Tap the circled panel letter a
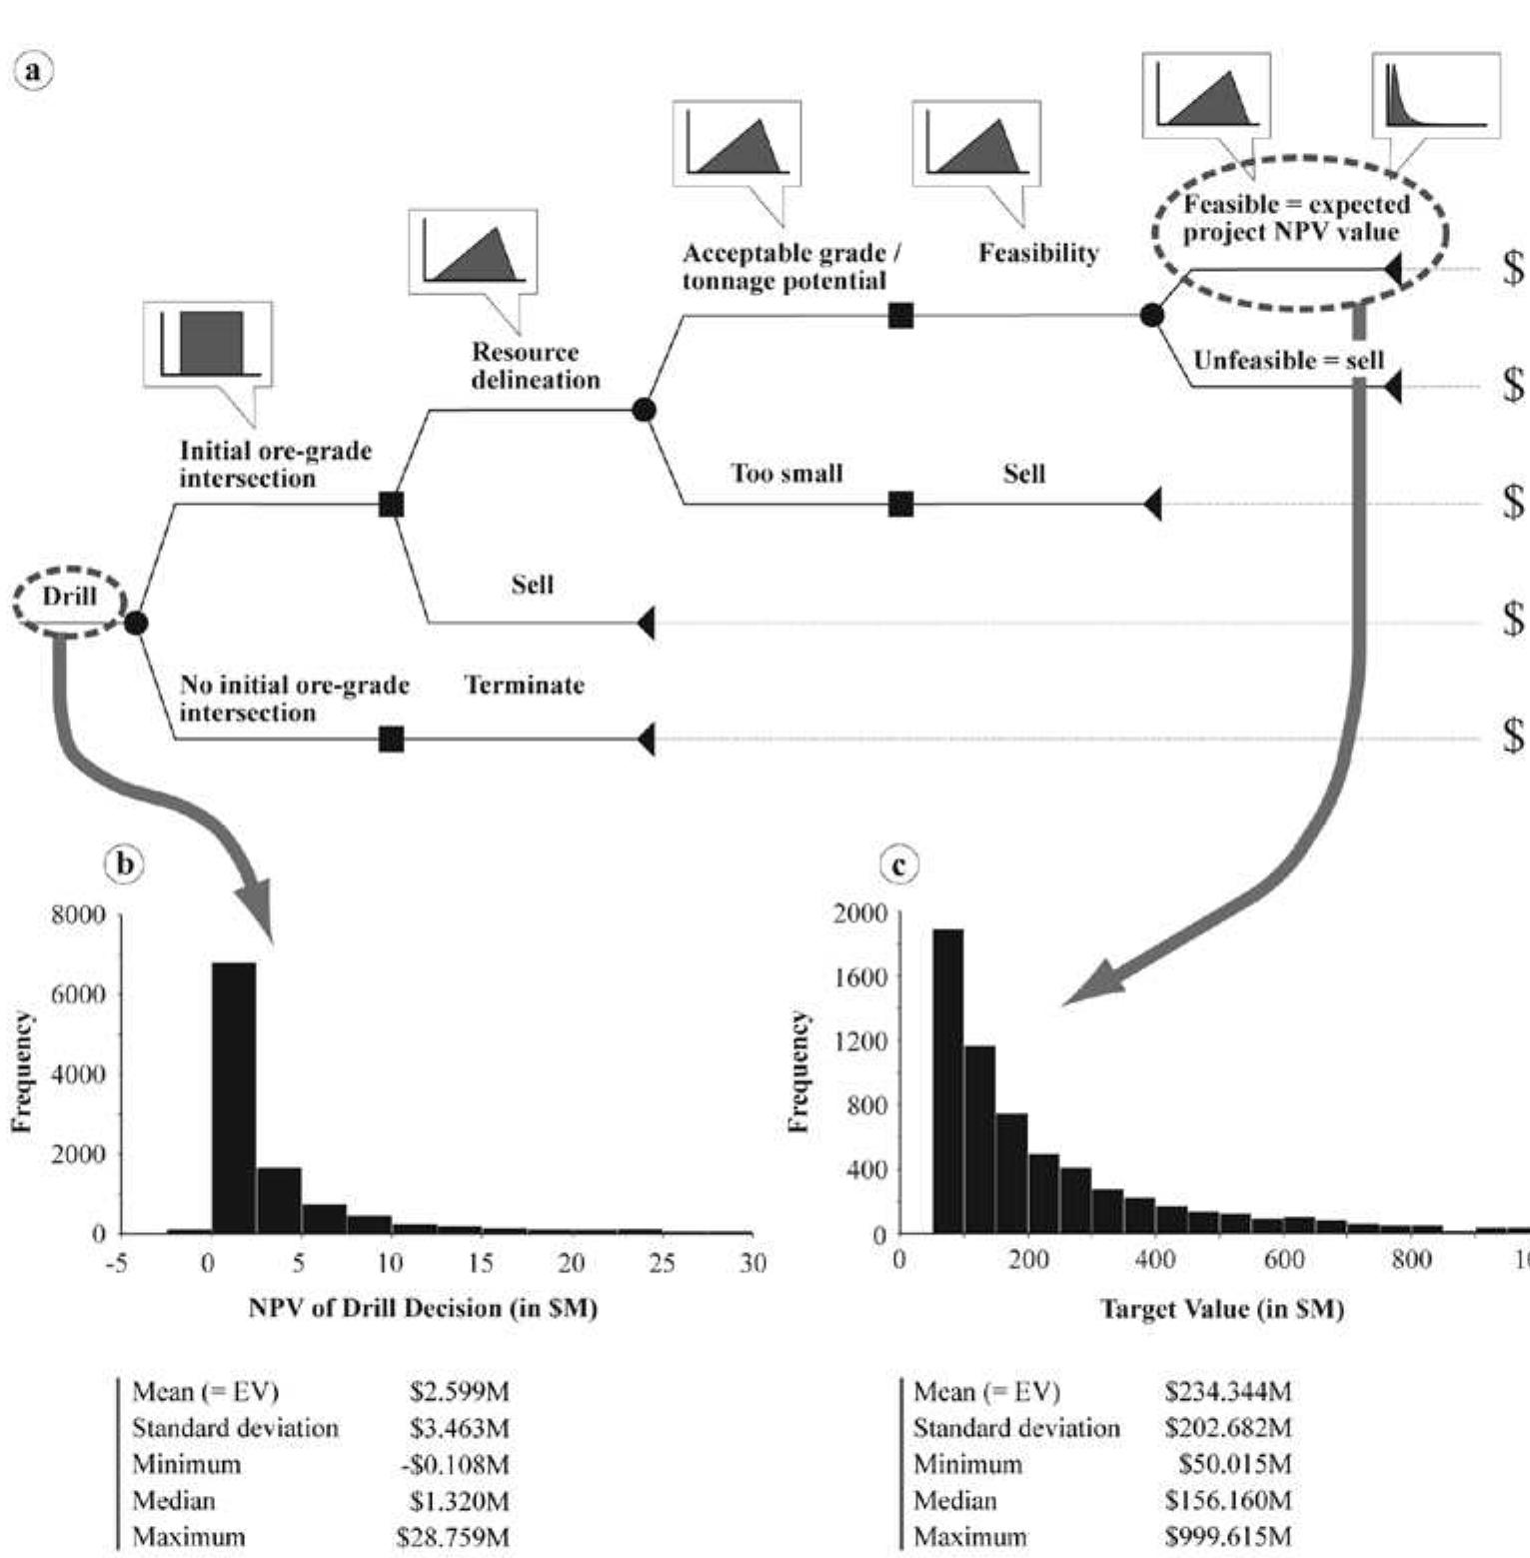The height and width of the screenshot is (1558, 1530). pos(33,71)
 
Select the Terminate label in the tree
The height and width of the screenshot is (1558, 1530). pos(524,686)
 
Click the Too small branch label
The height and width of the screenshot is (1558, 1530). pos(786,473)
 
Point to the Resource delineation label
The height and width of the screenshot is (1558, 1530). pos(535,366)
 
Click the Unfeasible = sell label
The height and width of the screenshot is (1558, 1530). pos(1288,360)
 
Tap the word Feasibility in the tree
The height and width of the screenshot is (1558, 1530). pos(1038,253)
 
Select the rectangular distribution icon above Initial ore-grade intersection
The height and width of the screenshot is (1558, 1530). pos(208,344)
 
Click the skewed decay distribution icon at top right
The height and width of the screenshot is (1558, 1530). pos(1436,95)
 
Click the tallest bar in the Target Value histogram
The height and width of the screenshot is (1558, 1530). pos(947,1080)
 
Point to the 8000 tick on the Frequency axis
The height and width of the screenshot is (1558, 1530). pos(78,914)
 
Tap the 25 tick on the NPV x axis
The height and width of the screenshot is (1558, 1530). pos(662,1263)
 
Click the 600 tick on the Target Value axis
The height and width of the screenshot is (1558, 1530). pos(1283,1259)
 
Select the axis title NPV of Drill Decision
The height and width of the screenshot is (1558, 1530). pos(423,1307)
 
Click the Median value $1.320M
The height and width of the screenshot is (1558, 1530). pos(459,1500)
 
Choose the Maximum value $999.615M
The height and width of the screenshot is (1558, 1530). pos(1227,1536)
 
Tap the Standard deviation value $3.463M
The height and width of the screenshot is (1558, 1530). pos(459,1427)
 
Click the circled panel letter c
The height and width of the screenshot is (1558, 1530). pos(898,865)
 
